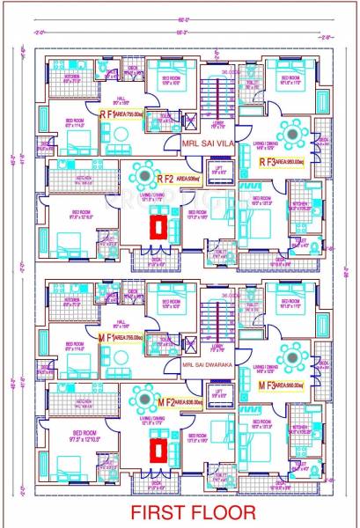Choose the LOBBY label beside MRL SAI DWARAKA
click(217, 347)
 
